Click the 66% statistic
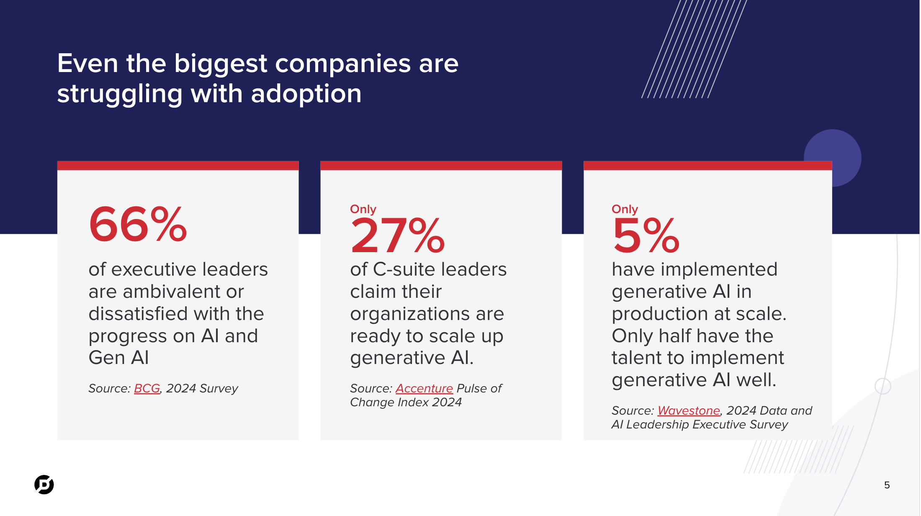[138, 225]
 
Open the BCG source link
[147, 389]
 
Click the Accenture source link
[424, 389]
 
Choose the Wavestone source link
[689, 411]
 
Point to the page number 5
[887, 485]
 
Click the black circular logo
[44, 485]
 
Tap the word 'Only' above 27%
[363, 209]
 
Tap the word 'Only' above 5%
[625, 209]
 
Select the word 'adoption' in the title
[306, 94]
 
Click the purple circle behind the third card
[846, 151]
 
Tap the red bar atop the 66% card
[178, 165]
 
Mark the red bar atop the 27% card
[441, 165]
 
